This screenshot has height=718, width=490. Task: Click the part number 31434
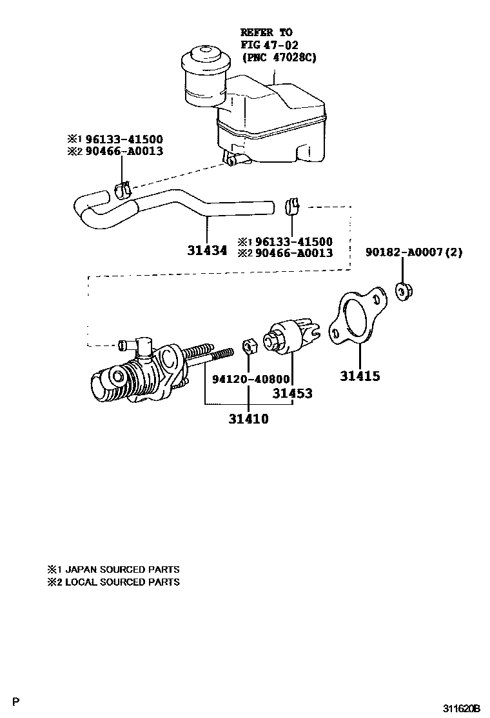click(207, 250)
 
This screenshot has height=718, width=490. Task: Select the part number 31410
click(248, 419)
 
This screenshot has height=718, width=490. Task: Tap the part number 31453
click(292, 393)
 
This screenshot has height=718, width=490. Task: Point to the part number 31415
click(360, 376)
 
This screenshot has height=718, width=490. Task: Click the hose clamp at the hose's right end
click(291, 206)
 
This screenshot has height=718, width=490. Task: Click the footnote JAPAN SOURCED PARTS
click(120, 569)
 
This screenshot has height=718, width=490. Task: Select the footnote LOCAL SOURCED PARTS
click(120, 582)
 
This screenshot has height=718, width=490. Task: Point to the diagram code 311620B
click(461, 708)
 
